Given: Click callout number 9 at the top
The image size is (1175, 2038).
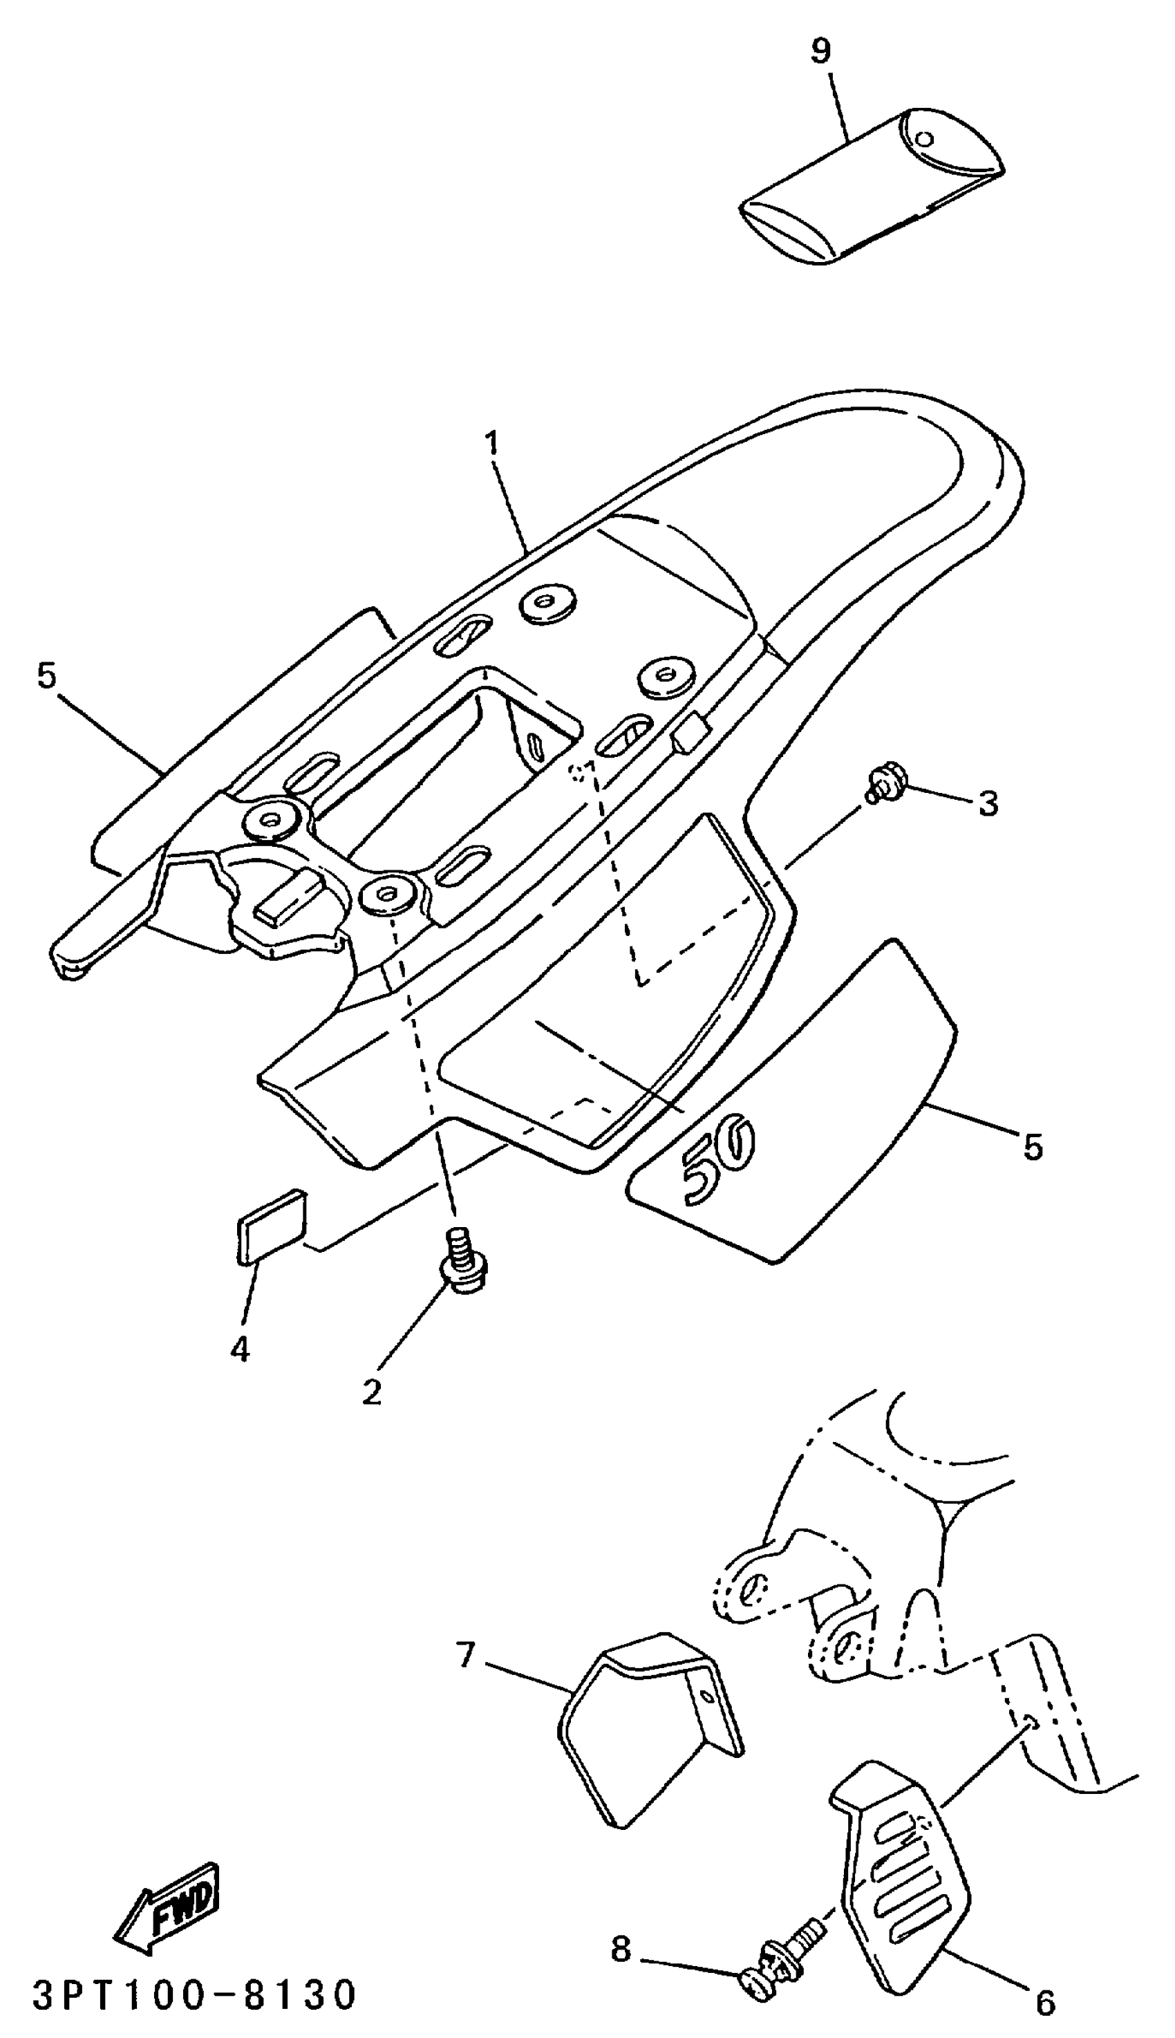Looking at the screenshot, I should point(820,53).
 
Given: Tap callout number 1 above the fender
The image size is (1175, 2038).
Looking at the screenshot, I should point(491,443).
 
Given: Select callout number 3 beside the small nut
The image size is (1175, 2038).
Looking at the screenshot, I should point(988,803).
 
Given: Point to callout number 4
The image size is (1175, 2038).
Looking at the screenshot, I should point(240,1349).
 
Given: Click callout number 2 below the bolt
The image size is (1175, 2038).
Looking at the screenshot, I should point(371,1392).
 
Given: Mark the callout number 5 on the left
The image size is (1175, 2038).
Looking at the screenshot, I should point(48,675).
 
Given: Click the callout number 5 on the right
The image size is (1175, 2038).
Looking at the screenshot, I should point(1033,1146).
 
